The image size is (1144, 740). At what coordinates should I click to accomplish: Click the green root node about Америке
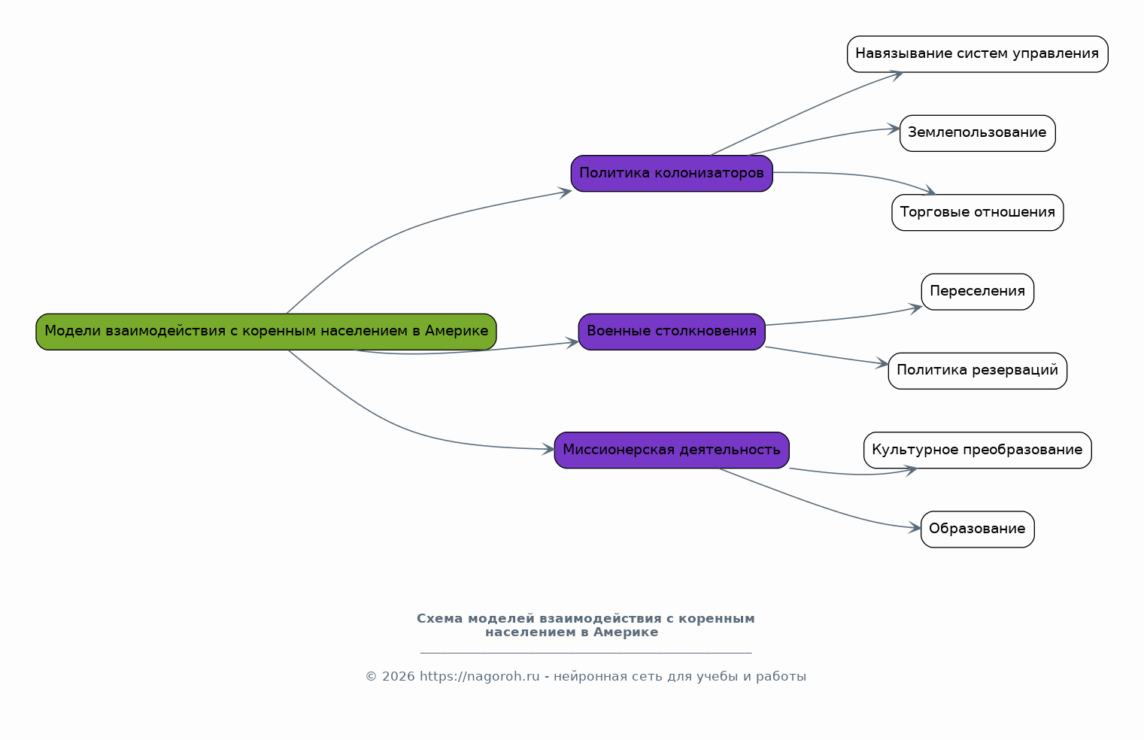pyautogui.click(x=266, y=332)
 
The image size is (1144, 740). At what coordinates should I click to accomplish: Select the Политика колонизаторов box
pyautogui.click(x=672, y=174)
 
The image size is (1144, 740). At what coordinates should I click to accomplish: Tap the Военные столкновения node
pyautogui.click(x=672, y=332)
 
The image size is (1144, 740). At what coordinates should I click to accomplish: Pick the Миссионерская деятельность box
pyautogui.click(x=672, y=450)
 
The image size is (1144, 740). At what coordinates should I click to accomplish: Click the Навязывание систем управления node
pyautogui.click(x=978, y=54)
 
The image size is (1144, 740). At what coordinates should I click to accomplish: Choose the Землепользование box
pyautogui.click(x=978, y=133)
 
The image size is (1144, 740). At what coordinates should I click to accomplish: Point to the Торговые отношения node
pyautogui.click(x=978, y=213)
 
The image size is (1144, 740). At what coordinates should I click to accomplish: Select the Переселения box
pyautogui.click(x=978, y=292)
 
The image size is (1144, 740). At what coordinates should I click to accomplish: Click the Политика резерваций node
pyautogui.click(x=978, y=371)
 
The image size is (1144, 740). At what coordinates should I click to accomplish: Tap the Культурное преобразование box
pyautogui.click(x=978, y=450)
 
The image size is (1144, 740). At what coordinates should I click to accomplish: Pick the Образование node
pyautogui.click(x=978, y=529)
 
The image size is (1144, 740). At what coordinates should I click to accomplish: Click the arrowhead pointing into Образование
pyautogui.click(x=915, y=528)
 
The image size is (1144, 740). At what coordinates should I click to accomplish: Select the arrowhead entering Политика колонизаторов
pyautogui.click(x=565, y=193)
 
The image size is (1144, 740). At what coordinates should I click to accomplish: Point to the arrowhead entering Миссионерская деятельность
pyautogui.click(x=548, y=450)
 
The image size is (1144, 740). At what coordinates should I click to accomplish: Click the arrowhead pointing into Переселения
pyautogui.click(x=915, y=308)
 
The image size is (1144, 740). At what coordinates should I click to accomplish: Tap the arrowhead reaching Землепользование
pyautogui.click(x=894, y=129)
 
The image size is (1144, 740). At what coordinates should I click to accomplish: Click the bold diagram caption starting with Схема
pyautogui.click(x=586, y=626)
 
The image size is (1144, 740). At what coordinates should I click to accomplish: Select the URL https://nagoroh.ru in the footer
pyautogui.click(x=480, y=677)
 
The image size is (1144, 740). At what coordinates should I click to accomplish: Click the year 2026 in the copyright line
pyautogui.click(x=399, y=677)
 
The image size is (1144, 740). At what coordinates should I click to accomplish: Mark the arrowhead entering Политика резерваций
pyautogui.click(x=882, y=364)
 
